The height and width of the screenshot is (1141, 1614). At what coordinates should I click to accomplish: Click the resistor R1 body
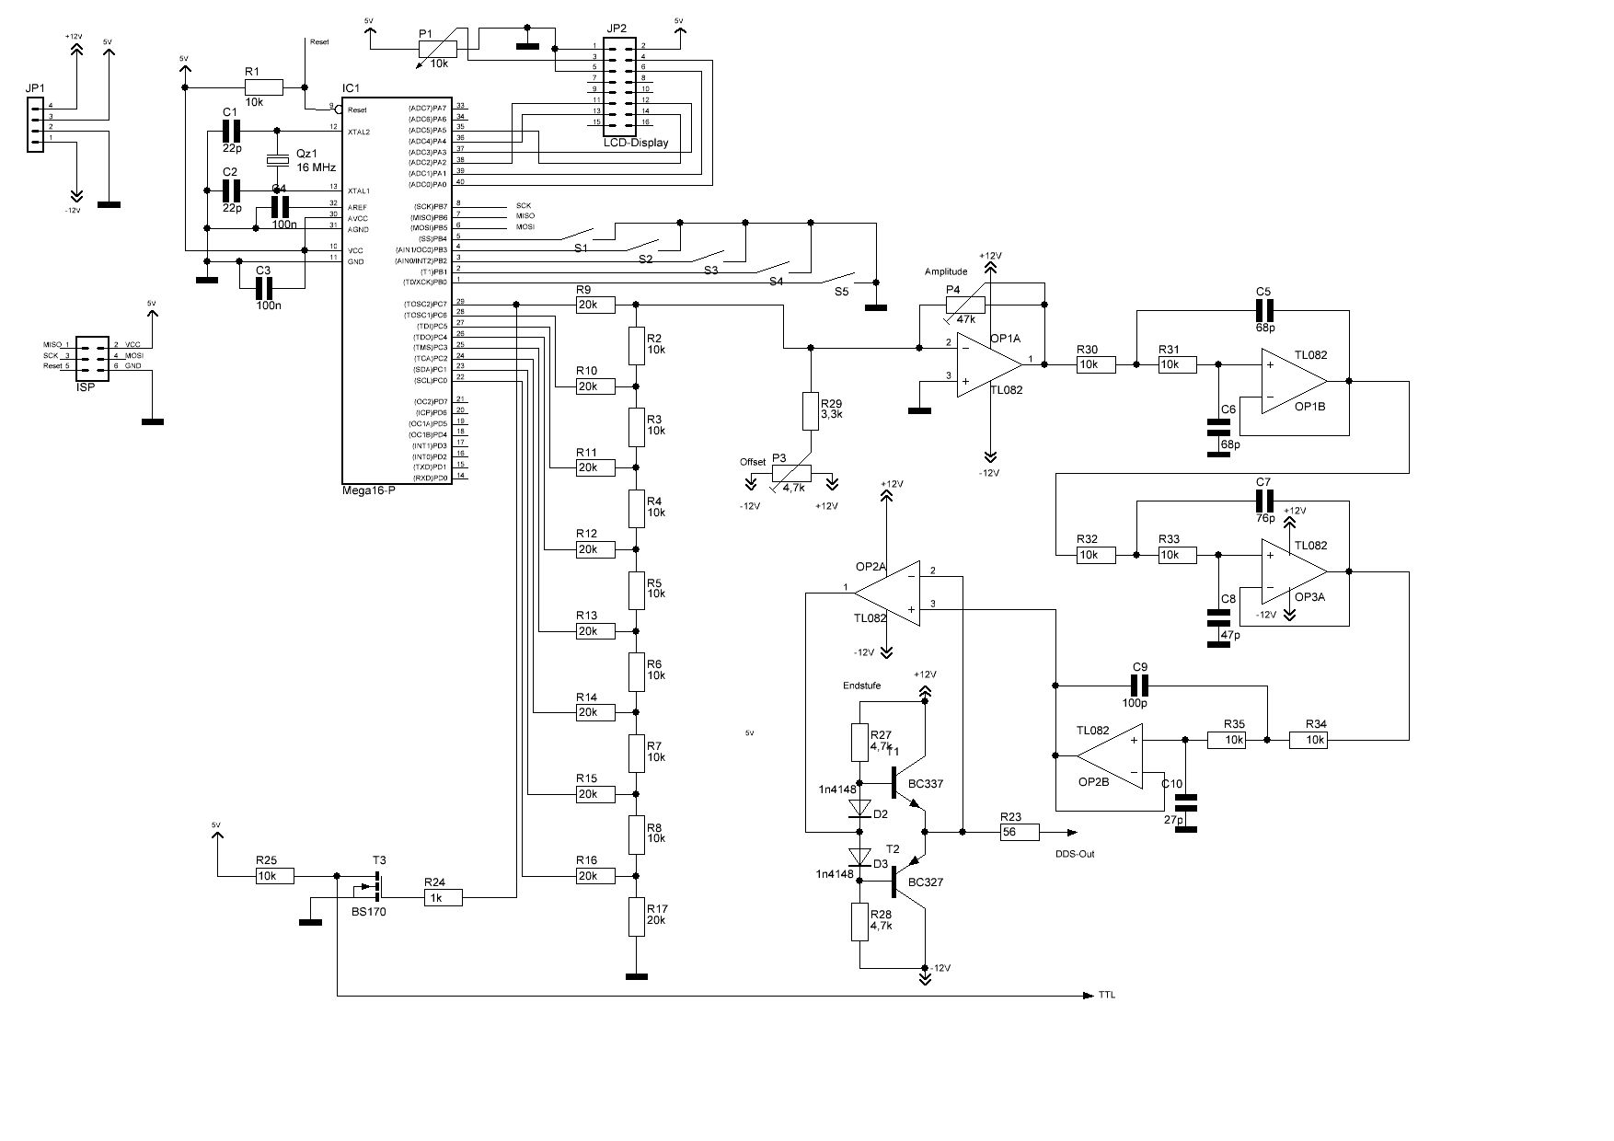(x=264, y=86)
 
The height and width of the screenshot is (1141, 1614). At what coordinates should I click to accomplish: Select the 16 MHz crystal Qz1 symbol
(x=277, y=161)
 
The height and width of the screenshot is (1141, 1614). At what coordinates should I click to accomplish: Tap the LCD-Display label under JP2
(x=636, y=143)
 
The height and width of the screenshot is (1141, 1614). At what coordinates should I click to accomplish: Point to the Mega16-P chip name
(x=368, y=490)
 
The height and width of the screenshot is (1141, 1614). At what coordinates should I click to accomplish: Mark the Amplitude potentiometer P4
(x=965, y=305)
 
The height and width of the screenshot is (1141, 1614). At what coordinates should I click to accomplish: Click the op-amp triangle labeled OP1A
(x=988, y=364)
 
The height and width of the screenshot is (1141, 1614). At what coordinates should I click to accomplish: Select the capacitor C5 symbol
(x=1263, y=310)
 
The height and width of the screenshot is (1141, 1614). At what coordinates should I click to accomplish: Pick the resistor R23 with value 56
(x=1020, y=832)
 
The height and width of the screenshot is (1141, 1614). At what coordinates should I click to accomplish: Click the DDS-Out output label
(x=1075, y=854)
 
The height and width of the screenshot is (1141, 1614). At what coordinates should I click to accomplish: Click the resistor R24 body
(x=444, y=897)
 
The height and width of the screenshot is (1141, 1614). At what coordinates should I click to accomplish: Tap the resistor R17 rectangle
(x=636, y=916)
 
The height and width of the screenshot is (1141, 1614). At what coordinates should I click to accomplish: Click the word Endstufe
(x=861, y=686)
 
